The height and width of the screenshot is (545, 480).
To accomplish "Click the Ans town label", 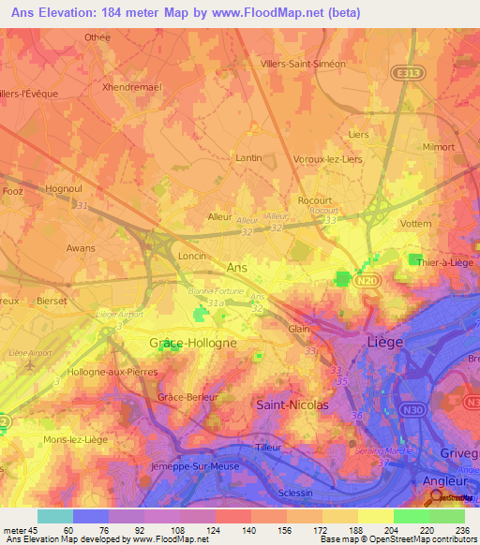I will [239, 267].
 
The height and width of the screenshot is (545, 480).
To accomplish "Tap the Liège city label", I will [384, 343].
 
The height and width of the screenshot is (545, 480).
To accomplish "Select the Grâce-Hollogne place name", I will [193, 344].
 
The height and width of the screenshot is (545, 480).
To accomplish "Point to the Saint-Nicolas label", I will [292, 405].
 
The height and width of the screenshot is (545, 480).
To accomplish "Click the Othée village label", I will [97, 37].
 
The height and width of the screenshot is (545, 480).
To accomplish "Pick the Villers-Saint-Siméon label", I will [302, 65].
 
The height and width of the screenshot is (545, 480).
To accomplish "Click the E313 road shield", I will [406, 71].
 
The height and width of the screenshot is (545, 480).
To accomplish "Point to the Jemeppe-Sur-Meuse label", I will [195, 465].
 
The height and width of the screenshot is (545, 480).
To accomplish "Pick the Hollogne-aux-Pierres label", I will [105, 373].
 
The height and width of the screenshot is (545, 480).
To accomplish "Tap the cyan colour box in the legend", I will [55, 515].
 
